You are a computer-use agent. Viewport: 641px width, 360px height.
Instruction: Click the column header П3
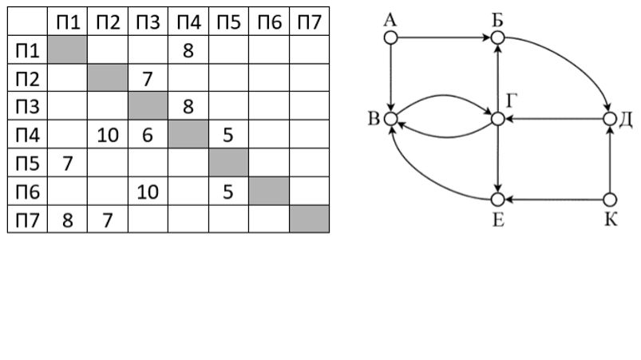148,22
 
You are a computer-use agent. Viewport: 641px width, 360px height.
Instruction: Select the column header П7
309,22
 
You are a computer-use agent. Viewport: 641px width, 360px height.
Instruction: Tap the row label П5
27,162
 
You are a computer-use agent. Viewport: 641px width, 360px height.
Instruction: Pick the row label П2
27,78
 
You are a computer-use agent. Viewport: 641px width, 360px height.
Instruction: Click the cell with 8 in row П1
188,50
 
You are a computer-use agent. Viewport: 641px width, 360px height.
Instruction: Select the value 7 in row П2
148,78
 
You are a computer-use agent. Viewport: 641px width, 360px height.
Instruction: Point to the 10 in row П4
108,134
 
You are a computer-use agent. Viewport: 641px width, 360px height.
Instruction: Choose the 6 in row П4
148,134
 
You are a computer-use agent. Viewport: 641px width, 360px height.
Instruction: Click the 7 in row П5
68,162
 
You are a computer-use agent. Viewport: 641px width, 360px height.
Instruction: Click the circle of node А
390,38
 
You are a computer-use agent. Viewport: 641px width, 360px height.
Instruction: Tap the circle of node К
611,200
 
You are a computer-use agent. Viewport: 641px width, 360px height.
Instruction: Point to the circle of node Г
497,119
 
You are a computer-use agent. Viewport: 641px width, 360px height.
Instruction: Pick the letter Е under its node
497,220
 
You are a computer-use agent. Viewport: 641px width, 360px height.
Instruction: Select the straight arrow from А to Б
443,38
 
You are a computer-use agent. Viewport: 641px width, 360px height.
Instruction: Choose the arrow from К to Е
554,200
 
